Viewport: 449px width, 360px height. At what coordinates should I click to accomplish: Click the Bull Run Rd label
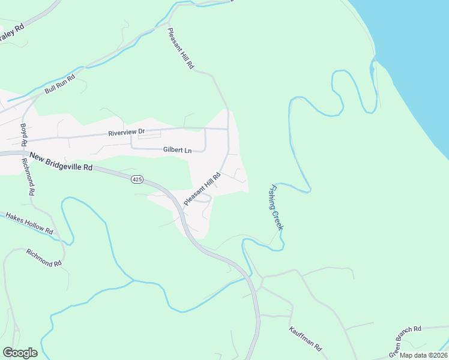point(59,85)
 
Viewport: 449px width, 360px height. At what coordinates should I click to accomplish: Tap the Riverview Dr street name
point(127,132)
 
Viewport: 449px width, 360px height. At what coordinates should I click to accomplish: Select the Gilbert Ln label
point(176,150)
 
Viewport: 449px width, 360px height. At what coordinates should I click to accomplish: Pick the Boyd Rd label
point(24,136)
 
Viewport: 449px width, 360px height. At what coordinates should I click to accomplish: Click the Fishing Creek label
point(276,207)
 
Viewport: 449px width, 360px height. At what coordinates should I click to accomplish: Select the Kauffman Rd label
point(306,339)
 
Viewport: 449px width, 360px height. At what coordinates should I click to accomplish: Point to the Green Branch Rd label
point(406,340)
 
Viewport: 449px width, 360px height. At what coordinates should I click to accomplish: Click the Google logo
point(20,353)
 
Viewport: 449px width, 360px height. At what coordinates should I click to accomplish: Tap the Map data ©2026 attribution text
point(423,355)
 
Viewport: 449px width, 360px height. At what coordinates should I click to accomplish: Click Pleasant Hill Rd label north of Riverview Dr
point(181,49)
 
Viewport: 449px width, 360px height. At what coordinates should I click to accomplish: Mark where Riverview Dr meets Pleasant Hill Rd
point(228,128)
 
